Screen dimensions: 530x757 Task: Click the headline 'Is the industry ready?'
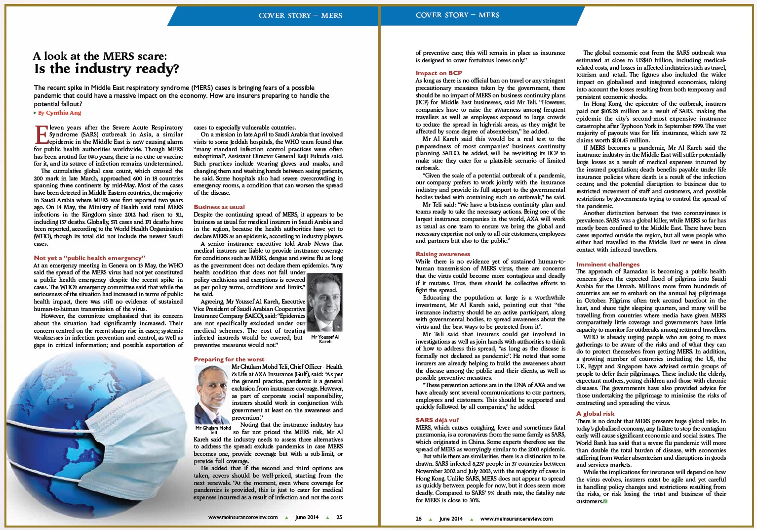click(x=106, y=69)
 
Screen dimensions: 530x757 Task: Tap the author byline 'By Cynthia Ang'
click(x=59, y=113)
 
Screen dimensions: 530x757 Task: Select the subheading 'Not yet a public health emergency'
click(x=89, y=258)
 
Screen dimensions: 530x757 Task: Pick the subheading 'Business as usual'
click(x=219, y=207)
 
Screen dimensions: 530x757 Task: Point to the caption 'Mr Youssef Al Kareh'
click(x=325, y=339)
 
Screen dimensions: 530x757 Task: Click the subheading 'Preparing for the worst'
click(x=229, y=359)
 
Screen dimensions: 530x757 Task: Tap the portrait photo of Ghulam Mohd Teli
click(x=212, y=394)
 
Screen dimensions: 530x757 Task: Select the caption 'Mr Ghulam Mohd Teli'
click(x=213, y=430)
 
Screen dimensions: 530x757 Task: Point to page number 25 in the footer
click(x=339, y=517)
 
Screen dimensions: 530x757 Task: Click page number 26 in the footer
click(x=419, y=519)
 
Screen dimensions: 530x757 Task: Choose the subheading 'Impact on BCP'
click(x=438, y=73)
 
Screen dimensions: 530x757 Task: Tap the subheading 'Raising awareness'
click(x=442, y=254)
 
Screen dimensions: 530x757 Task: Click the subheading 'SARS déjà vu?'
click(x=437, y=420)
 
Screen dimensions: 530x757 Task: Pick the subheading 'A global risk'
click(x=595, y=413)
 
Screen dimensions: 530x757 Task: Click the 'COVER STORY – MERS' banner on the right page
click(x=457, y=15)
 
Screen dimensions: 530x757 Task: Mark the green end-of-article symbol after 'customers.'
click(x=605, y=501)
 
